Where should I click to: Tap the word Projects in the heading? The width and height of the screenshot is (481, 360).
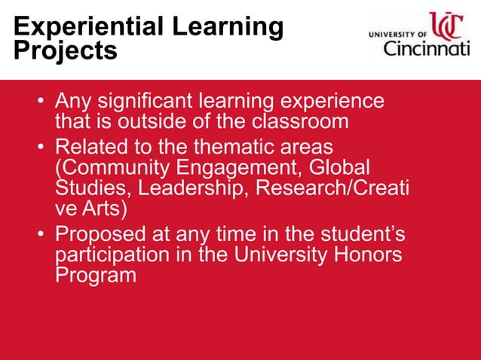[x=66, y=51]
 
